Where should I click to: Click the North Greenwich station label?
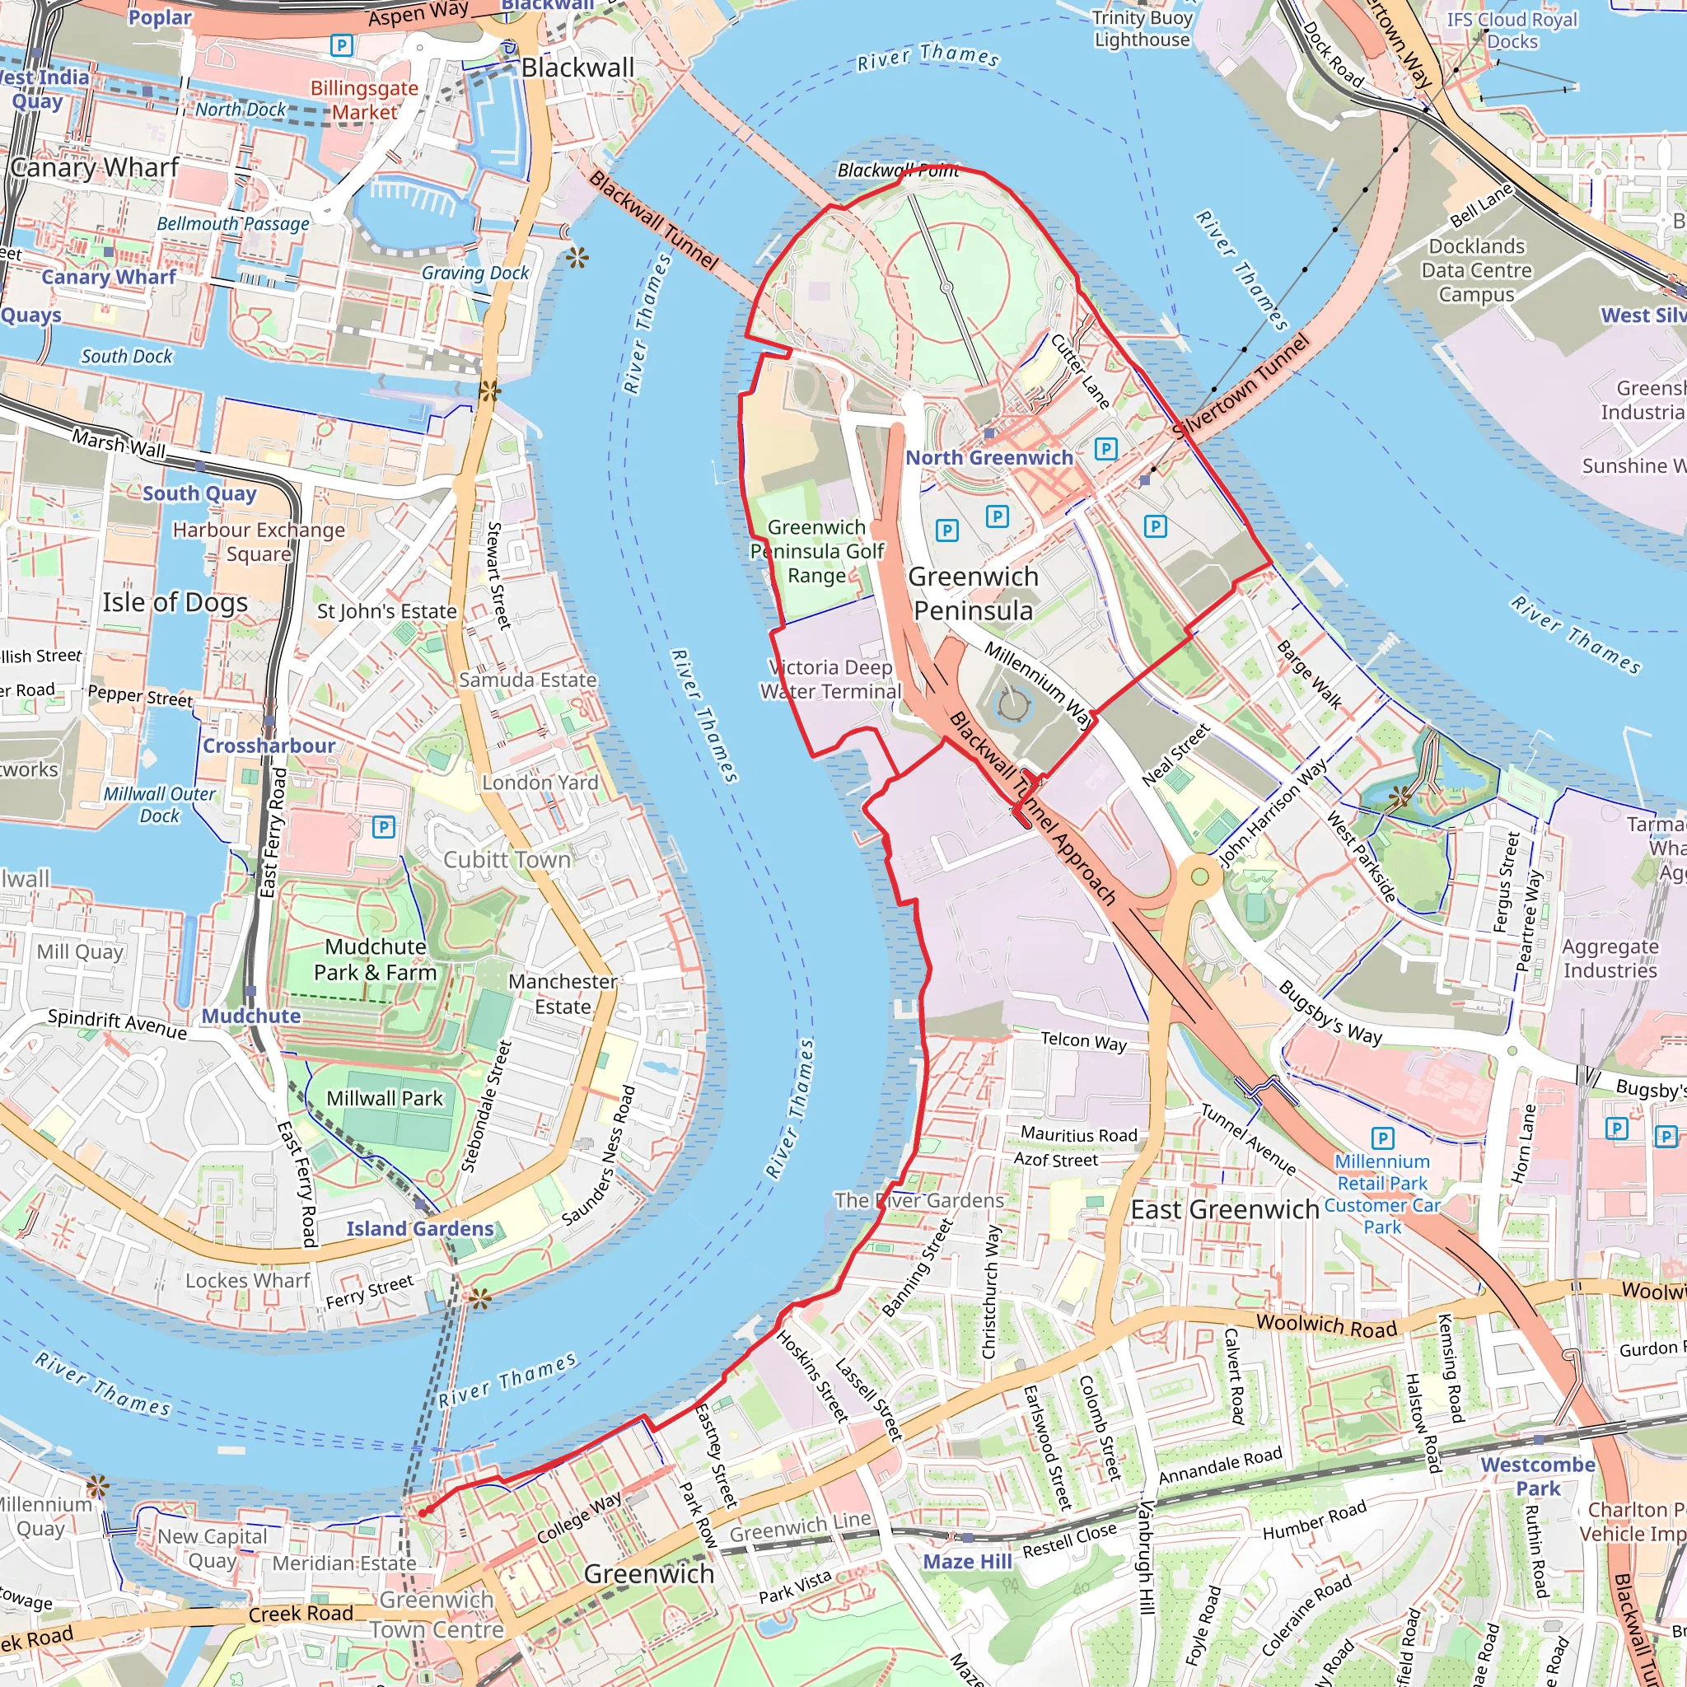pos(988,457)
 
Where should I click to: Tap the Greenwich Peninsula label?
pos(973,594)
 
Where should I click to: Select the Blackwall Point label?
pos(898,171)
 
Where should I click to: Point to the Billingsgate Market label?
pos(364,100)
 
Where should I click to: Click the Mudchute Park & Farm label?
pos(375,960)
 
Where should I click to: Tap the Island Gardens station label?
pos(419,1228)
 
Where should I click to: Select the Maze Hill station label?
pos(968,1561)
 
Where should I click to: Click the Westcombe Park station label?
pos(1538,1475)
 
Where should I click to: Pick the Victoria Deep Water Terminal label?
pos(830,680)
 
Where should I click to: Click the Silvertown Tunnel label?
pos(1240,387)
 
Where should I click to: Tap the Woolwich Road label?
pos(1326,1325)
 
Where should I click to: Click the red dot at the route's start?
pos(423,1512)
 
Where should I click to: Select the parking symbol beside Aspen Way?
pos(341,45)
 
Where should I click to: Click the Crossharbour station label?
pos(268,745)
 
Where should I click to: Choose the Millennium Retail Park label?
pos(1381,1172)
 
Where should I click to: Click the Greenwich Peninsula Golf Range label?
pos(816,551)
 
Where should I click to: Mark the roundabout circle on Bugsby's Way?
pos(1199,876)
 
